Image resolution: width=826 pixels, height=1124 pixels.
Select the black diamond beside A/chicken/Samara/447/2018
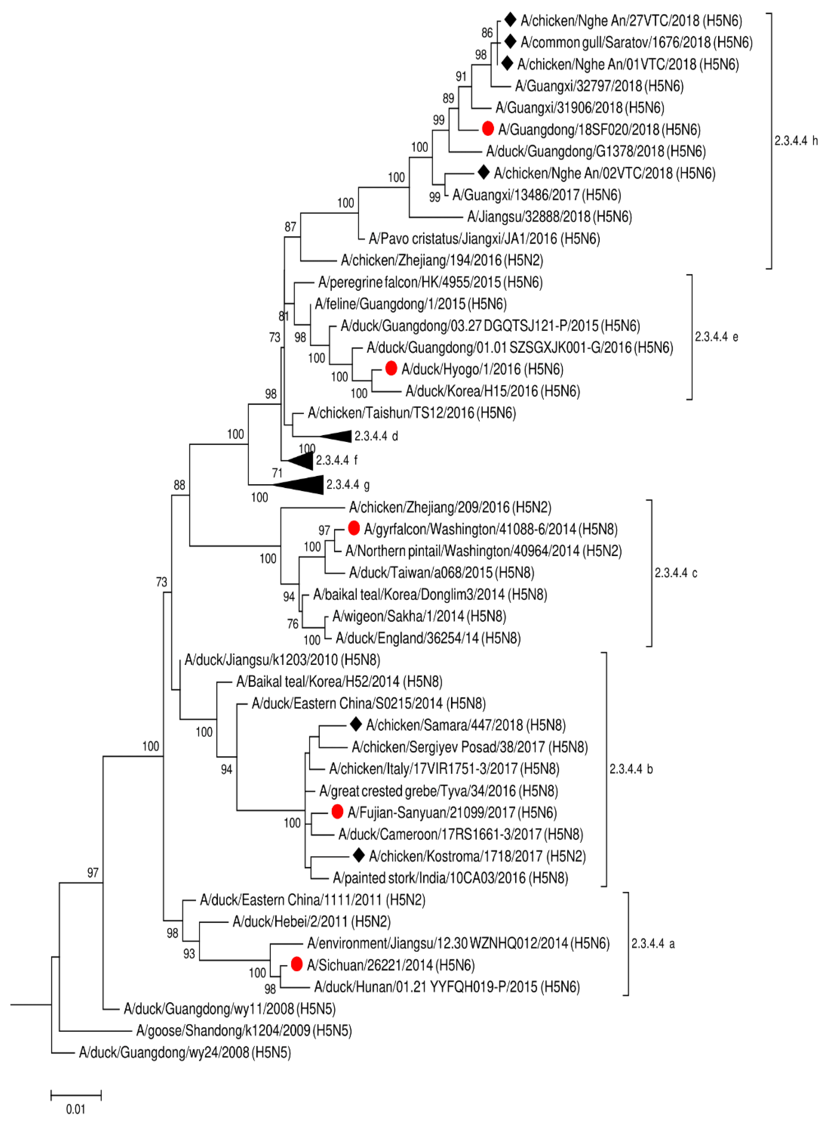pyautogui.click(x=356, y=724)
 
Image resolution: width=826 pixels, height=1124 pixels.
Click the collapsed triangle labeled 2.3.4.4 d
pyautogui.click(x=337, y=436)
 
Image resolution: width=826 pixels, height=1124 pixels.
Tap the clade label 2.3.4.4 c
pyautogui.click(x=676, y=573)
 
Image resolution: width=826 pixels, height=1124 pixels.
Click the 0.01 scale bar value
pyautogui.click(x=75, y=1109)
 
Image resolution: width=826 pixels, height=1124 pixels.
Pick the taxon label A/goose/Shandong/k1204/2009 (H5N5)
pyautogui.click(x=244, y=1030)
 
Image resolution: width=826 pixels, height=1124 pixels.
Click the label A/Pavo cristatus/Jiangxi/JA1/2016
pyautogui.click(x=484, y=239)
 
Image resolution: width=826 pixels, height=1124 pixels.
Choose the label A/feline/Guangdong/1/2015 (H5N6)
pyautogui.click(x=410, y=304)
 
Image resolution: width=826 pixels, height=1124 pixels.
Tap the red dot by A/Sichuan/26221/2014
pyautogui.click(x=296, y=964)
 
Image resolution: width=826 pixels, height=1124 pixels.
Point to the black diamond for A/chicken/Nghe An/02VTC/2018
pyautogui.click(x=483, y=172)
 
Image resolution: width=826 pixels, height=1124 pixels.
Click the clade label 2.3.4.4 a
pyautogui.click(x=653, y=943)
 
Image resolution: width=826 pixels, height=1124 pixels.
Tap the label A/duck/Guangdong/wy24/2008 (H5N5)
pyautogui.click(x=184, y=1052)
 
